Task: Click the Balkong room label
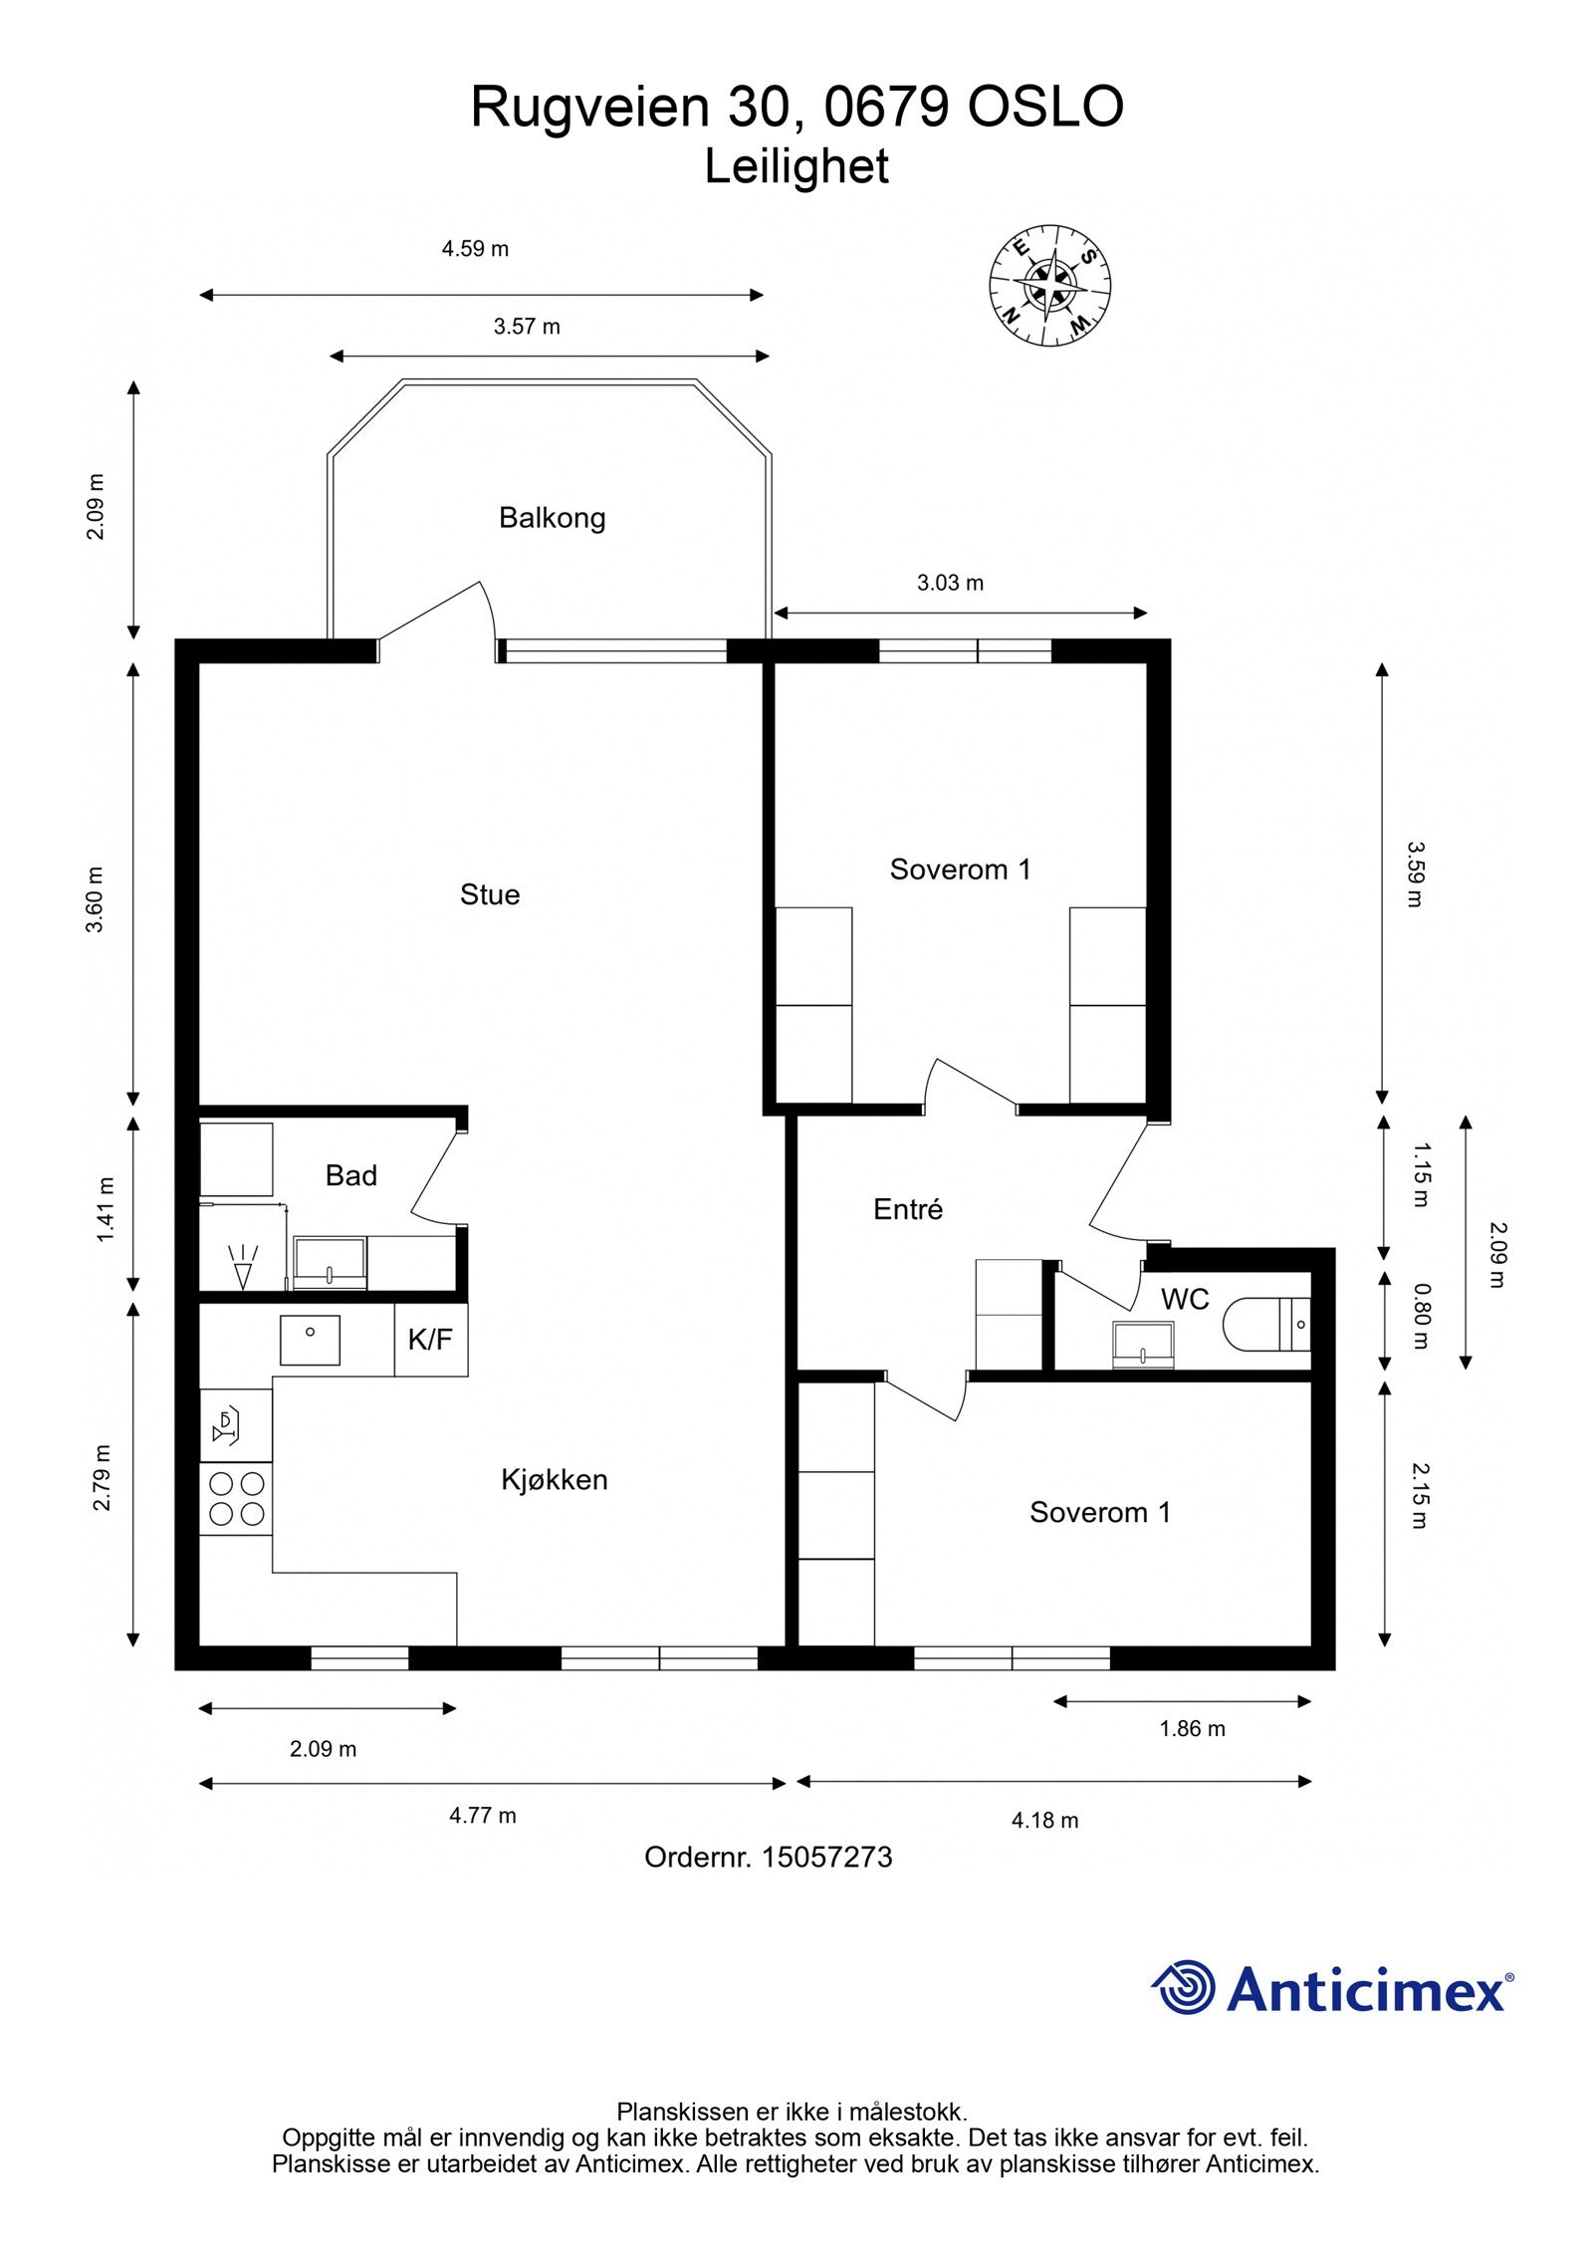552,518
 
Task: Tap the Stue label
490,894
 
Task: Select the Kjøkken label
555,1479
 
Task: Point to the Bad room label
351,1175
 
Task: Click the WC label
1185,1299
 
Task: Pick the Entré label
908,1209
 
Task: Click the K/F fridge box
431,1340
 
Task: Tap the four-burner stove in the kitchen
236,1499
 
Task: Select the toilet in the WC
1265,1325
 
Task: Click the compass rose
1050,286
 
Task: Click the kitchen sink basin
310,1340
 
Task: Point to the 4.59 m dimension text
476,249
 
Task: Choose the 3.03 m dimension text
950,583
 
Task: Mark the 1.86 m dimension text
1192,1728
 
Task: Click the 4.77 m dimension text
483,1815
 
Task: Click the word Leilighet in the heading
796,166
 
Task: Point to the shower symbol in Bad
242,1266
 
